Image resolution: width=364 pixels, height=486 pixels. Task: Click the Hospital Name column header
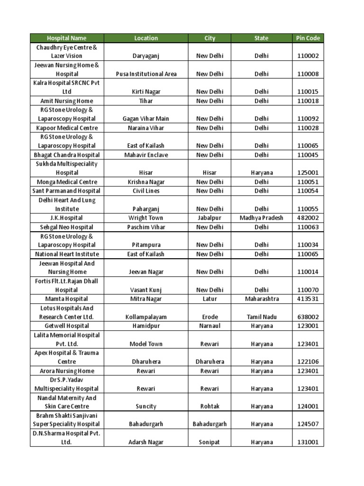pyautogui.click(x=67, y=38)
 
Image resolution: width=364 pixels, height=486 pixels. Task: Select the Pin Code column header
pyautogui.click(x=308, y=38)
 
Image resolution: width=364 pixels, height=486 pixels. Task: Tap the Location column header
pyautogui.click(x=146, y=38)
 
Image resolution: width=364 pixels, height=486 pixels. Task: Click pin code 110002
pyautogui.click(x=308, y=56)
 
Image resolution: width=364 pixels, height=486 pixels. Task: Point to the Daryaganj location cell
pyautogui.click(x=146, y=56)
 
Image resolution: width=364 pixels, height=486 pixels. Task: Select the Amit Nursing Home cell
pyautogui.click(x=67, y=101)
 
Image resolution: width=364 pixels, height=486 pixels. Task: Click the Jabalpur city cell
pyautogui.click(x=209, y=218)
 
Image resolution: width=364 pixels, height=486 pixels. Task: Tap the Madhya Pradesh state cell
pyautogui.click(x=261, y=218)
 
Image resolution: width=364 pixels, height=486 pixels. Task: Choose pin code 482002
pyautogui.click(x=308, y=218)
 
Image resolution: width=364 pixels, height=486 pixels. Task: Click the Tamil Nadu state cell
pyautogui.click(x=261, y=317)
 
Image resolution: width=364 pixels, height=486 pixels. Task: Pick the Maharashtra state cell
pyautogui.click(x=261, y=299)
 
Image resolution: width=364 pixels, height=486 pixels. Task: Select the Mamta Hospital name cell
pyautogui.click(x=67, y=299)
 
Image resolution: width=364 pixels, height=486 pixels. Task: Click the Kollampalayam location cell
pyautogui.click(x=146, y=317)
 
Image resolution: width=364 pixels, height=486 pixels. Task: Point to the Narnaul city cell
pyautogui.click(x=209, y=326)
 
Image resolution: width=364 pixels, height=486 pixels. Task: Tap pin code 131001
pyautogui.click(x=308, y=442)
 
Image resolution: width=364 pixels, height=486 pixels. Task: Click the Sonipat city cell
pyautogui.click(x=209, y=442)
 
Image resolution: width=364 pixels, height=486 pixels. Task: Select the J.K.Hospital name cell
pyautogui.click(x=67, y=218)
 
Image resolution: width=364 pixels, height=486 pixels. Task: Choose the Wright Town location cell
pyautogui.click(x=146, y=218)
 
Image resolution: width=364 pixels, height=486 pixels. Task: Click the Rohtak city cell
pyautogui.click(x=209, y=406)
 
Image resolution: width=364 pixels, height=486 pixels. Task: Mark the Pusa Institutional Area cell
pyautogui.click(x=146, y=74)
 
